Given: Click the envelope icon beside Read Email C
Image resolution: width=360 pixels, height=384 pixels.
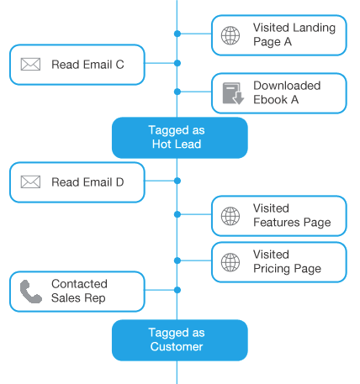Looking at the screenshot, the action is tap(30, 65).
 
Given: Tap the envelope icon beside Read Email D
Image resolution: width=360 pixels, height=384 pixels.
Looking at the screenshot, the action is tap(30, 182).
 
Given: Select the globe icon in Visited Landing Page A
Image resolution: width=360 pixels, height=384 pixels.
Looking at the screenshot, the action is tap(230, 35).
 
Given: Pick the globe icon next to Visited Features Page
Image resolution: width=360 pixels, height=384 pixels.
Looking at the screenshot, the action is tap(230, 216).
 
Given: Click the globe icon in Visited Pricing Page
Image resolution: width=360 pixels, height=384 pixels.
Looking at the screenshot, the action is tap(230, 262).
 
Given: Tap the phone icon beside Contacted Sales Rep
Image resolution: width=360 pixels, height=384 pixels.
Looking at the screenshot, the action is tap(31, 292).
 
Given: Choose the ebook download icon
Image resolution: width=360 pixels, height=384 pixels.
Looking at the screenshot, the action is tap(233, 93).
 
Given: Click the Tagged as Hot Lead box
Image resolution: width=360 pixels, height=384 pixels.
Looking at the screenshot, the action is tap(180, 138).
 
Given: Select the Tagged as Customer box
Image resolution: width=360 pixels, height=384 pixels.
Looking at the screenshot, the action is tap(180, 340).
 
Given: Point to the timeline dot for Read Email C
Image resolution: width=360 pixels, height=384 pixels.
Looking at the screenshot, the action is tap(177, 63).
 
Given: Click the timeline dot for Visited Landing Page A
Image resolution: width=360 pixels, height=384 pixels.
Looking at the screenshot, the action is tap(177, 34).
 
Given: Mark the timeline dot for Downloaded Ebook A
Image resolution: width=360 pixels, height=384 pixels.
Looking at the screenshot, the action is tap(177, 92).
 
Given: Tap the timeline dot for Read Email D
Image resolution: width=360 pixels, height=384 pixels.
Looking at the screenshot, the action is tap(177, 181).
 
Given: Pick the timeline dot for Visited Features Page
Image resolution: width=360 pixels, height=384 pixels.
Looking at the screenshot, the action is tap(177, 214).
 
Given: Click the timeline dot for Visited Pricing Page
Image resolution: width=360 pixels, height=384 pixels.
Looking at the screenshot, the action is tap(177, 260).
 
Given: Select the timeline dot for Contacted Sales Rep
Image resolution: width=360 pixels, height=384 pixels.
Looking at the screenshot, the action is tap(177, 290).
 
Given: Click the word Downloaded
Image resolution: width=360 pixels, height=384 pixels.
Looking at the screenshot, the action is tap(287, 86).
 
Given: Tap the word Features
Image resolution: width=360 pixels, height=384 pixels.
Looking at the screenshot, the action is tap(277, 223).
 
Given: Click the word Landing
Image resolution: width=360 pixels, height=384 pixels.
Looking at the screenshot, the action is tap(314, 29).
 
